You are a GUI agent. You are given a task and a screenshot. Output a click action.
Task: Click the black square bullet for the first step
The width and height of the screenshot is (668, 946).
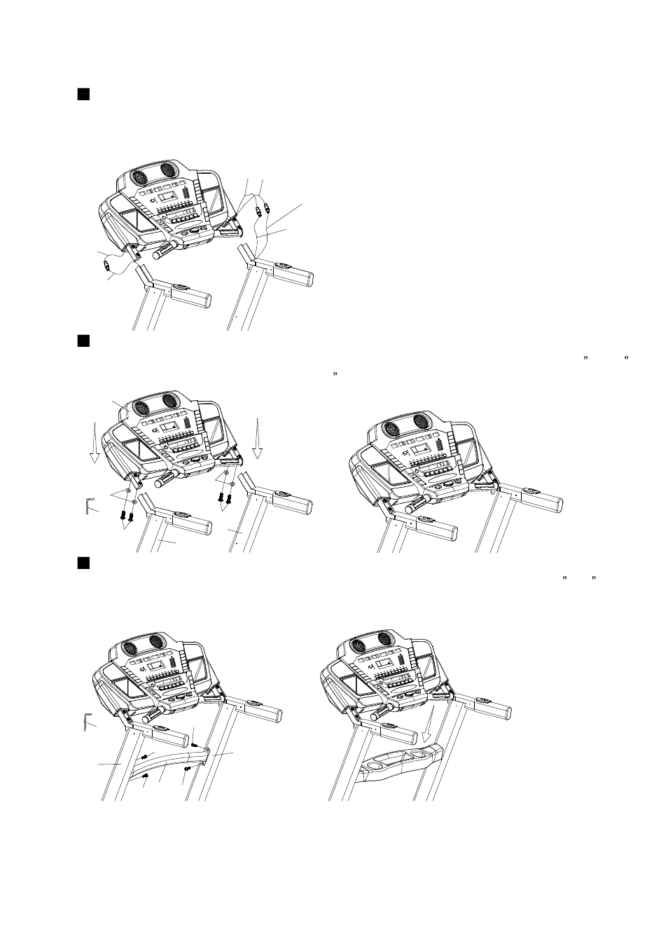82,94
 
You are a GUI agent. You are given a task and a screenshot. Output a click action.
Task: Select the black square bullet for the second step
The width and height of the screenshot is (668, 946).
82,341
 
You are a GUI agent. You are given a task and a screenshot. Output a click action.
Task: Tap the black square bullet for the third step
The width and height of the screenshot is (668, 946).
82,563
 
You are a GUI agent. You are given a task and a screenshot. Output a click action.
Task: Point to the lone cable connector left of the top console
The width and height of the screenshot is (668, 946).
107,265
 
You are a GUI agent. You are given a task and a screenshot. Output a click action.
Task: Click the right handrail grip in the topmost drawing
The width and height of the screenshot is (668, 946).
295,277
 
